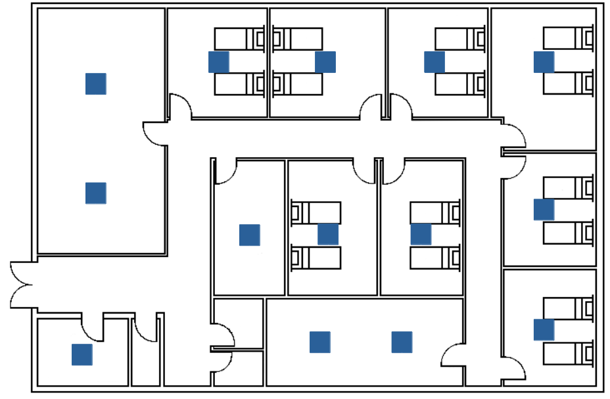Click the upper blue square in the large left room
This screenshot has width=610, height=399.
click(x=95, y=83)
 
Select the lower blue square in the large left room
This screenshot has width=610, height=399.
click(x=95, y=193)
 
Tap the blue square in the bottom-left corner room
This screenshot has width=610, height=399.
click(x=82, y=354)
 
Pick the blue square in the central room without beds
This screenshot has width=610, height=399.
click(x=249, y=235)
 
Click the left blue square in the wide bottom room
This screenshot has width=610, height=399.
click(x=319, y=342)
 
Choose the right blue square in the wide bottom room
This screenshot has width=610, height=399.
click(x=402, y=342)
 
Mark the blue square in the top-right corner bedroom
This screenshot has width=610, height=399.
click(x=544, y=62)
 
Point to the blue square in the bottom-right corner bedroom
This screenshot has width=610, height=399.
click(x=544, y=329)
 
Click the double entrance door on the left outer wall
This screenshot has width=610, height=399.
click(x=21, y=284)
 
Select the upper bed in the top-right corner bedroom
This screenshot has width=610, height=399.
click(x=568, y=39)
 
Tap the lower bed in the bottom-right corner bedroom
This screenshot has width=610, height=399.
click(x=568, y=353)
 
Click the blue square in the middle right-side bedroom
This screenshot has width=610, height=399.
click(x=544, y=209)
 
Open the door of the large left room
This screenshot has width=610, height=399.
click(x=155, y=133)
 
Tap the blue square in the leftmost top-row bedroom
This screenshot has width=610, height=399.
click(x=218, y=62)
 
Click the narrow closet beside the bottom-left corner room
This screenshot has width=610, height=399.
click(x=145, y=355)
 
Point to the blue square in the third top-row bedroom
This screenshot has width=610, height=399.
click(x=434, y=62)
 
